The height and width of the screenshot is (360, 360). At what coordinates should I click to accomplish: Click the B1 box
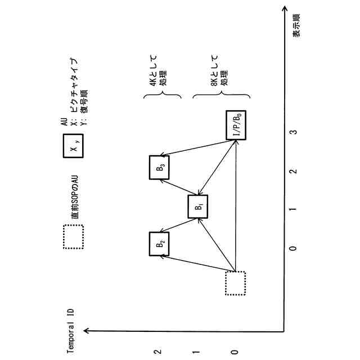point(198,206)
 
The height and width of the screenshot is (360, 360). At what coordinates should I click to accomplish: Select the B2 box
point(160,244)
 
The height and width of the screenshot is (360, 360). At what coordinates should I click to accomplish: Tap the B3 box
point(160,167)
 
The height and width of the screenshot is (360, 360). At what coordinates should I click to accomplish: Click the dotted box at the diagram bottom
point(235,283)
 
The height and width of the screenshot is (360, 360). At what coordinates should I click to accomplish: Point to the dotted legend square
point(73,236)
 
